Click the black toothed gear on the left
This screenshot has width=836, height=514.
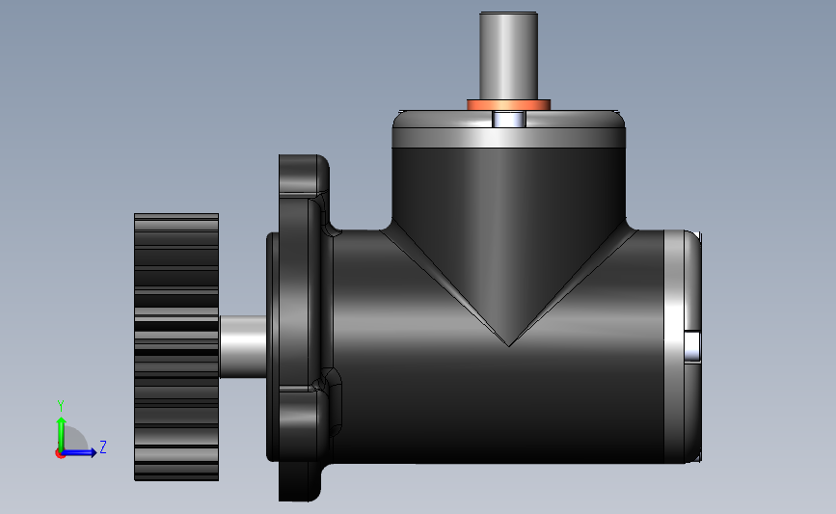pyautogui.click(x=176, y=347)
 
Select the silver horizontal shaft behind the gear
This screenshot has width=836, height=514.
pyautogui.click(x=243, y=346)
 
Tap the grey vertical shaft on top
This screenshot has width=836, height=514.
pyautogui.click(x=508, y=56)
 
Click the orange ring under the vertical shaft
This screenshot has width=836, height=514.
pyautogui.click(x=508, y=104)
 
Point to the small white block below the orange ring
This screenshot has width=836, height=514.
pyautogui.click(x=509, y=119)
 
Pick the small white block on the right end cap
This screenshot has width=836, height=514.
pyautogui.click(x=692, y=346)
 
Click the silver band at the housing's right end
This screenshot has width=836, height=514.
pyautogui.click(x=674, y=346)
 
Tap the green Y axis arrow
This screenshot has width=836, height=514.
pyautogui.click(x=62, y=434)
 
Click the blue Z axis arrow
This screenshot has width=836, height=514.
pyautogui.click(x=80, y=452)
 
